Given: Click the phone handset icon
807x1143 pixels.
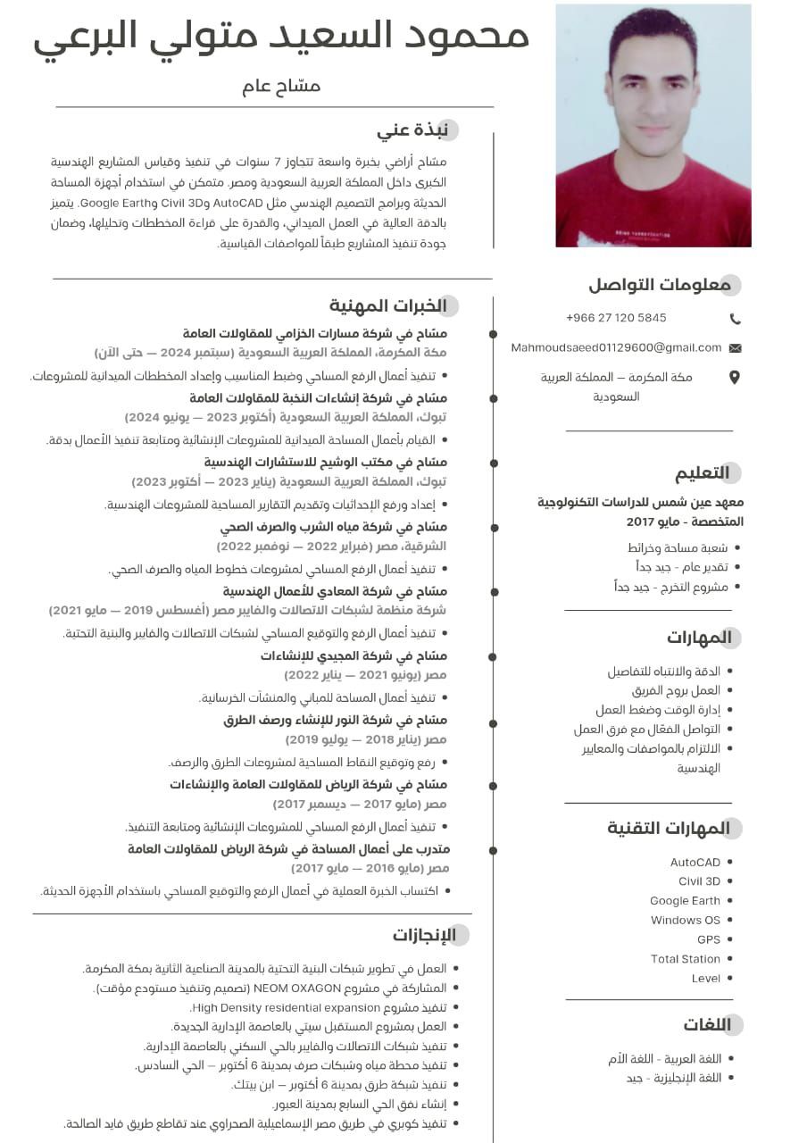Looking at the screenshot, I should [735, 319].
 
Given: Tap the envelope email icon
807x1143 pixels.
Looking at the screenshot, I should [735, 347].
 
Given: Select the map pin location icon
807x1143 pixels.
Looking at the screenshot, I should [735, 378].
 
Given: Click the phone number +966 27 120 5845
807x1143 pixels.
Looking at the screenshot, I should [616, 318].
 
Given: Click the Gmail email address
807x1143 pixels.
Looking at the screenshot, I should [616, 347].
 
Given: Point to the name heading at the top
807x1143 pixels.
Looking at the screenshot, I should [281, 36].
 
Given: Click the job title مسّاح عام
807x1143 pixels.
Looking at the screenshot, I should [281, 87].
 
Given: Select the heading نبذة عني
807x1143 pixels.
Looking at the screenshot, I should [412, 129].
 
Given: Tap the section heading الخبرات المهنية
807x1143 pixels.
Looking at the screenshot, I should [388, 305].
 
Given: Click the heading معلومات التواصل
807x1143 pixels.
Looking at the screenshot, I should [660, 285].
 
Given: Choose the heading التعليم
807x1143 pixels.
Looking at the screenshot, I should [702, 472].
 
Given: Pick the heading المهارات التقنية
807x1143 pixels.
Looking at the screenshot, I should [669, 828].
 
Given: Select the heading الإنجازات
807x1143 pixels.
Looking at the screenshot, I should [424, 935].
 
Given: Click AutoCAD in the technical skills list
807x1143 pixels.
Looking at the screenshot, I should [695, 863].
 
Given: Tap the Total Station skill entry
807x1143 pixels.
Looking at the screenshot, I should [686, 959].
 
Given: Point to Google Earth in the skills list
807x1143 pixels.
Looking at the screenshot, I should [685, 901].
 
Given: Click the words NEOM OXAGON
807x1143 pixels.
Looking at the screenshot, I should [297, 988].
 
